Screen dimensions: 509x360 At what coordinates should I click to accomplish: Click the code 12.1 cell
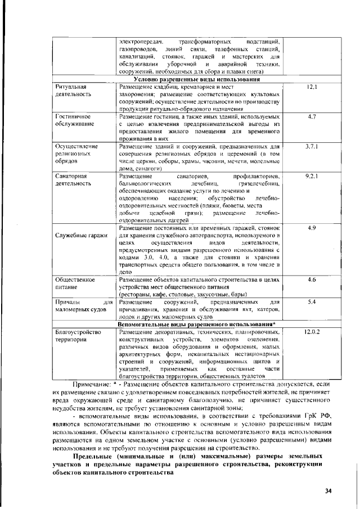[312, 88]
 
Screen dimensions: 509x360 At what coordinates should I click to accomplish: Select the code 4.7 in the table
[312, 116]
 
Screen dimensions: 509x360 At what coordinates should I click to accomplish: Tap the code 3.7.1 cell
[312, 146]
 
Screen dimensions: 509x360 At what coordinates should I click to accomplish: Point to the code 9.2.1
[312, 176]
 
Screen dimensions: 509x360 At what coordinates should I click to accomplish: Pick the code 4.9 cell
[312, 228]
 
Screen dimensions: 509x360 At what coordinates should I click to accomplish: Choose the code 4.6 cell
[312, 279]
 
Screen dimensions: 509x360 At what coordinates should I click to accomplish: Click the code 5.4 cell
[312, 302]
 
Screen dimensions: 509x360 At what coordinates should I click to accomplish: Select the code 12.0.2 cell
[312, 332]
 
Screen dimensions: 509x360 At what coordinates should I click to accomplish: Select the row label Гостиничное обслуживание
[75, 120]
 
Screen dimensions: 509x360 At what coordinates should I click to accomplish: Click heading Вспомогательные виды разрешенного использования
[197, 325]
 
